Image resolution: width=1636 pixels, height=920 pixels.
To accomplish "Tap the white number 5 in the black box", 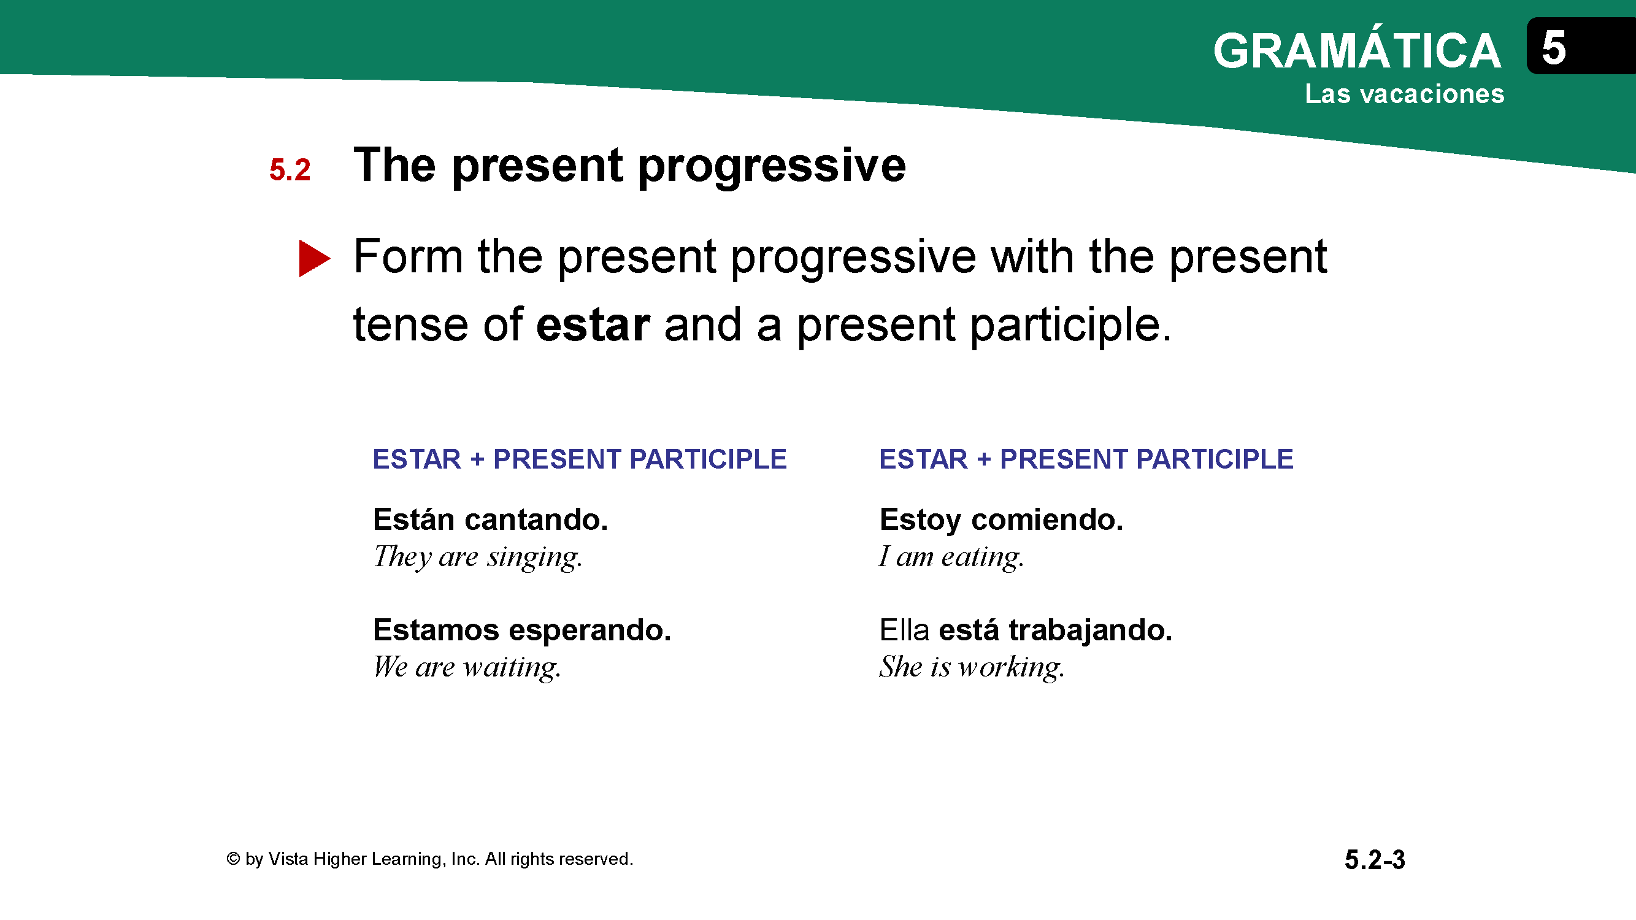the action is pyautogui.click(x=1554, y=48).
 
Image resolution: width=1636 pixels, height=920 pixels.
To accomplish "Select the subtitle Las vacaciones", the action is pyautogui.click(x=1405, y=94).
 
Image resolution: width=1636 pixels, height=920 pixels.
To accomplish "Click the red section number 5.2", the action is pyautogui.click(x=290, y=170).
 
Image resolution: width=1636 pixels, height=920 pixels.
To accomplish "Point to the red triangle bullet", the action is pyautogui.click(x=314, y=258).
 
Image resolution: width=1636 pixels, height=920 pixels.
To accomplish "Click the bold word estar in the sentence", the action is pyautogui.click(x=593, y=324).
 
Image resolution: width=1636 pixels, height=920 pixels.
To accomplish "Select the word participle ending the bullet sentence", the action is pyautogui.click(x=1072, y=326).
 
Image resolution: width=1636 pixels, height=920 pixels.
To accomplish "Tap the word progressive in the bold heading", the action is pyautogui.click(x=772, y=166).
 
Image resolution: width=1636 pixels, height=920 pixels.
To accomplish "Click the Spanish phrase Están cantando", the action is pyautogui.click(x=490, y=519).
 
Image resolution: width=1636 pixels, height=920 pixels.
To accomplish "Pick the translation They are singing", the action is pyautogui.click(x=478, y=558).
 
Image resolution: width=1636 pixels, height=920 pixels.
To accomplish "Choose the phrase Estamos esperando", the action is pyautogui.click(x=522, y=631).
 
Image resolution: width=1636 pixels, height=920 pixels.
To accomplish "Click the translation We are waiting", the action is pyautogui.click(x=467, y=667).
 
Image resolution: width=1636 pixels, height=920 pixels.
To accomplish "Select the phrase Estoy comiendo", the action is pyautogui.click(x=1002, y=521).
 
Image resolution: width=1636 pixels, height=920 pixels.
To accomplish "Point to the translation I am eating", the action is pyautogui.click(x=951, y=558).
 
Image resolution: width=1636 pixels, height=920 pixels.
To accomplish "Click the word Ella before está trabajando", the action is pyautogui.click(x=904, y=630).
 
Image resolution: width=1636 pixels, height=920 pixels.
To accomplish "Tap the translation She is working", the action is pyautogui.click(x=972, y=667).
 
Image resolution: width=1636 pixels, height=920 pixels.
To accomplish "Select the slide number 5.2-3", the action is pyautogui.click(x=1375, y=861).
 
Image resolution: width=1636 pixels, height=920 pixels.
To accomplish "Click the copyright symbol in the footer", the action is pyautogui.click(x=233, y=859).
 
